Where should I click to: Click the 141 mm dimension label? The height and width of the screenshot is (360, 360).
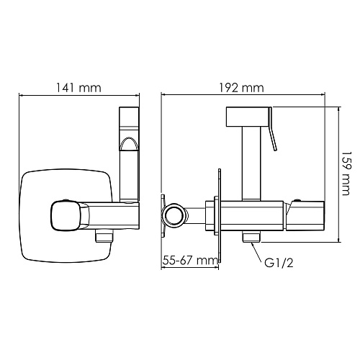click(78, 88)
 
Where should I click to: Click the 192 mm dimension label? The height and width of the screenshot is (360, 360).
click(241, 88)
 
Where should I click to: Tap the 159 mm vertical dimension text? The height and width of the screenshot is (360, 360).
click(346, 173)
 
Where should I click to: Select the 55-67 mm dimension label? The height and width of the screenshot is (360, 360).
click(190, 260)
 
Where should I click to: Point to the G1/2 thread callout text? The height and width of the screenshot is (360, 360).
click(279, 263)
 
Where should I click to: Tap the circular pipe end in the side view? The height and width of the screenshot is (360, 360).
click(174, 215)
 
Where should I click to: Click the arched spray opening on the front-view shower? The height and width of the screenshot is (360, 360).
click(129, 144)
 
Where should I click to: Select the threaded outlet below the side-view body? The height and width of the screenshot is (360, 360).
click(251, 238)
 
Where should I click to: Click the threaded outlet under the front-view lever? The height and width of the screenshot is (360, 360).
click(104, 235)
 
